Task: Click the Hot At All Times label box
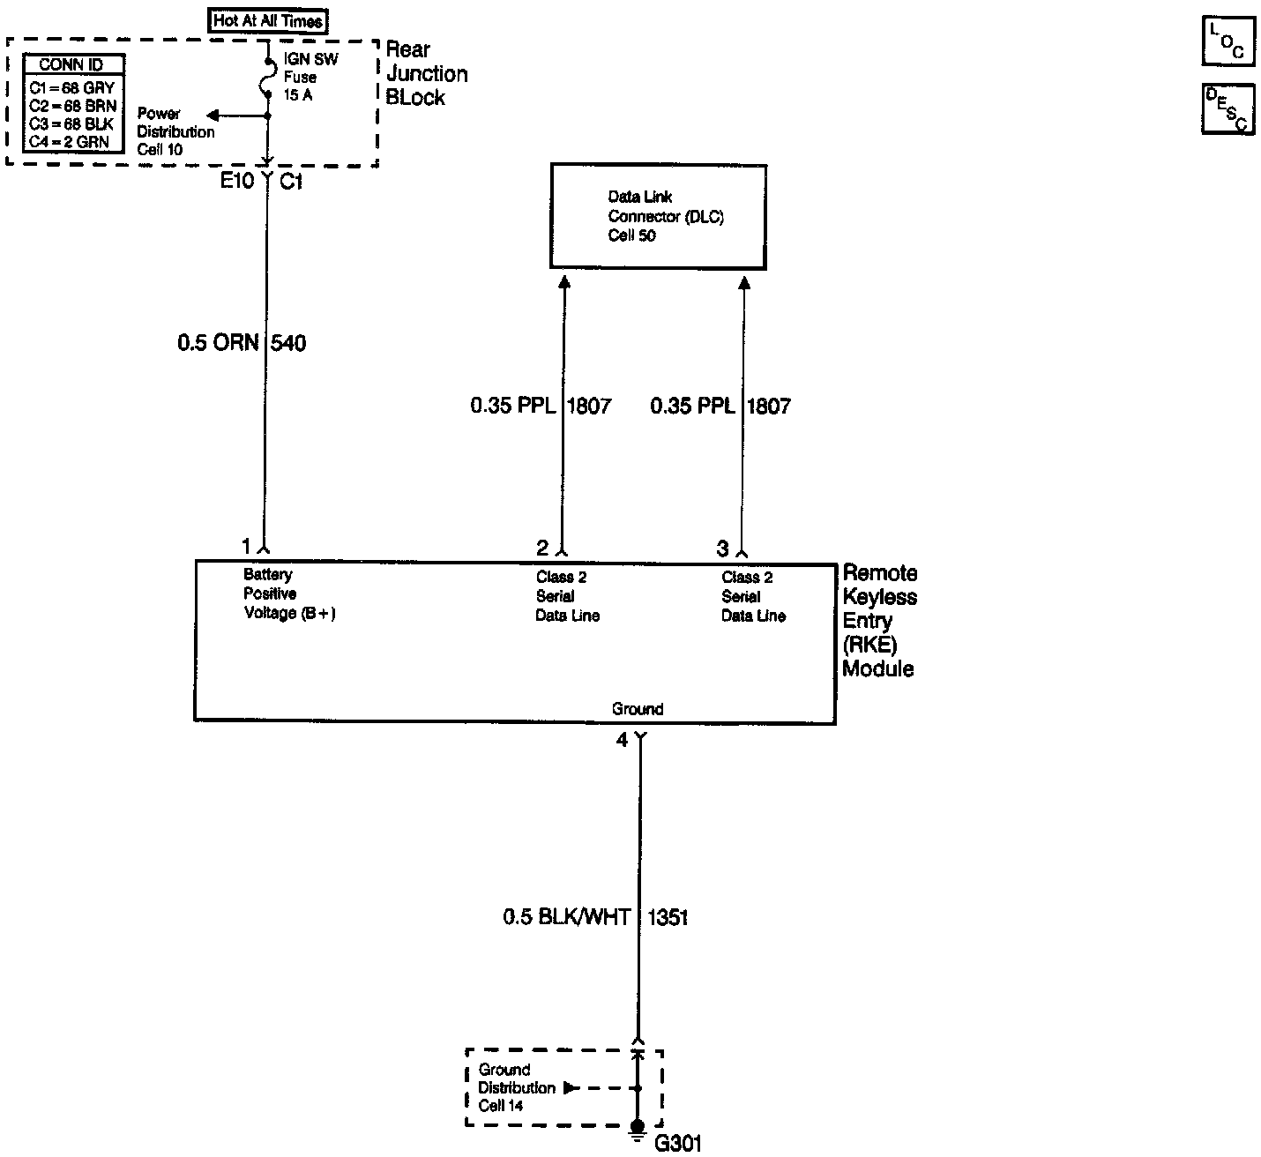coord(267,20)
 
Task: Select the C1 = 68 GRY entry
coord(72,88)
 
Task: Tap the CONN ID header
coord(72,64)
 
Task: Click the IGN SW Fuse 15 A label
coord(310,77)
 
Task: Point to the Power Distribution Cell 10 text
coord(175,131)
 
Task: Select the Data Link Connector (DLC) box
coord(658,216)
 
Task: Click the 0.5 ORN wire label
coord(217,343)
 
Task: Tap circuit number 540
coord(288,343)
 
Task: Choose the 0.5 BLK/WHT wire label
coord(566,917)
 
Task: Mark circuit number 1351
coord(668,917)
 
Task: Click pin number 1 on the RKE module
coord(247,546)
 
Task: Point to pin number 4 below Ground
coord(622,741)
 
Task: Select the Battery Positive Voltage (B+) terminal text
coord(289,594)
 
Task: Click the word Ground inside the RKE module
coord(637,709)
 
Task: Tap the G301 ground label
coord(678,1144)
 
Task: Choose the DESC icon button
coord(1227,109)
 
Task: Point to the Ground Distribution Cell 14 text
coord(517,1087)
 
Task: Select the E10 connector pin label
coord(237,183)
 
